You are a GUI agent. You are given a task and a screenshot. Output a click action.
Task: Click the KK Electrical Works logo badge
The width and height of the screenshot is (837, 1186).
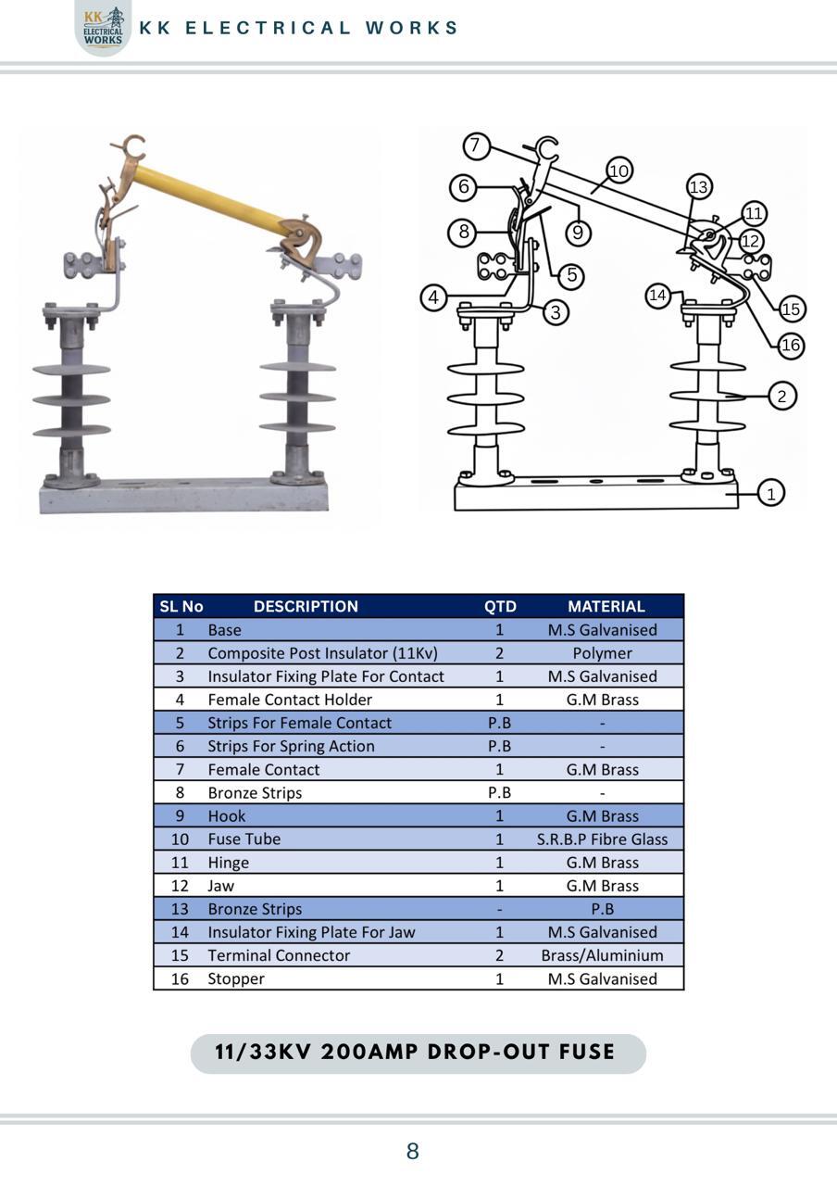[103, 28]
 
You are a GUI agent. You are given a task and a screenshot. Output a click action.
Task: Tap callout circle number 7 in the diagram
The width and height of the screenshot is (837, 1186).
[476, 145]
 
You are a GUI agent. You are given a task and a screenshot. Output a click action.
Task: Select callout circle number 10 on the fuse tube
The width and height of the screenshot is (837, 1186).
[619, 170]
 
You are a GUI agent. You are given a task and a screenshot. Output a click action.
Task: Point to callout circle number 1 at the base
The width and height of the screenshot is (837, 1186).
[771, 493]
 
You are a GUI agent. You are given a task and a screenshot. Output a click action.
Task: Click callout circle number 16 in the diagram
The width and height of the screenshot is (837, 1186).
[791, 346]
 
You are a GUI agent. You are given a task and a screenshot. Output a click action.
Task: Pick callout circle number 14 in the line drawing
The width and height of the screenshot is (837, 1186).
[657, 295]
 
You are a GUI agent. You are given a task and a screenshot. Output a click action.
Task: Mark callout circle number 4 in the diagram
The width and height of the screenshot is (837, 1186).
[433, 297]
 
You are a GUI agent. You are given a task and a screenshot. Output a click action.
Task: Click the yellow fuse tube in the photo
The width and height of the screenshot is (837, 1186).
[212, 199]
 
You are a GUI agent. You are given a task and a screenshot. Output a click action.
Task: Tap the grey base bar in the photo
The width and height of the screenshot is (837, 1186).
[184, 496]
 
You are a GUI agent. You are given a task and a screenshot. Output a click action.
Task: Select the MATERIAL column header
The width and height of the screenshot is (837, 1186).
[606, 606]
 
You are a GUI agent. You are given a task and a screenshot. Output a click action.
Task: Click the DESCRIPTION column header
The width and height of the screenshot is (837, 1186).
[306, 606]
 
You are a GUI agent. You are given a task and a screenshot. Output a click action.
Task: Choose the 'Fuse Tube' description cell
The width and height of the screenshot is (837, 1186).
[244, 839]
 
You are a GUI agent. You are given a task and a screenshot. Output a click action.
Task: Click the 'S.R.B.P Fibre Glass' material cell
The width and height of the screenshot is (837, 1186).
[602, 839]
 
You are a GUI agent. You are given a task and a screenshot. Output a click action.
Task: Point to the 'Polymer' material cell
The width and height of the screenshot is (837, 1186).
[602, 653]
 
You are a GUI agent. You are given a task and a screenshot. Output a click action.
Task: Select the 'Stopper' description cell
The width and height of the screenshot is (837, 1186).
[236, 979]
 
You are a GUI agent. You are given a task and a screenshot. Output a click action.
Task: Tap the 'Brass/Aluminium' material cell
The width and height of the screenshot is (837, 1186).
[602, 955]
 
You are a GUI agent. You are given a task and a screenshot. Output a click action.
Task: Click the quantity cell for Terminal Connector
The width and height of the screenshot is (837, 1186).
[499, 955]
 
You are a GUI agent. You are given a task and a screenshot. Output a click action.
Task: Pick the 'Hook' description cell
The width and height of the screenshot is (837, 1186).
[227, 816]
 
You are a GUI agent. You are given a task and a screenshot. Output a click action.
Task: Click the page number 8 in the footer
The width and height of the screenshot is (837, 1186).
[413, 1151]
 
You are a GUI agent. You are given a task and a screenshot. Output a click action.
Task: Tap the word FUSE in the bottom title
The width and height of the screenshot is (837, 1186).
[587, 1052]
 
